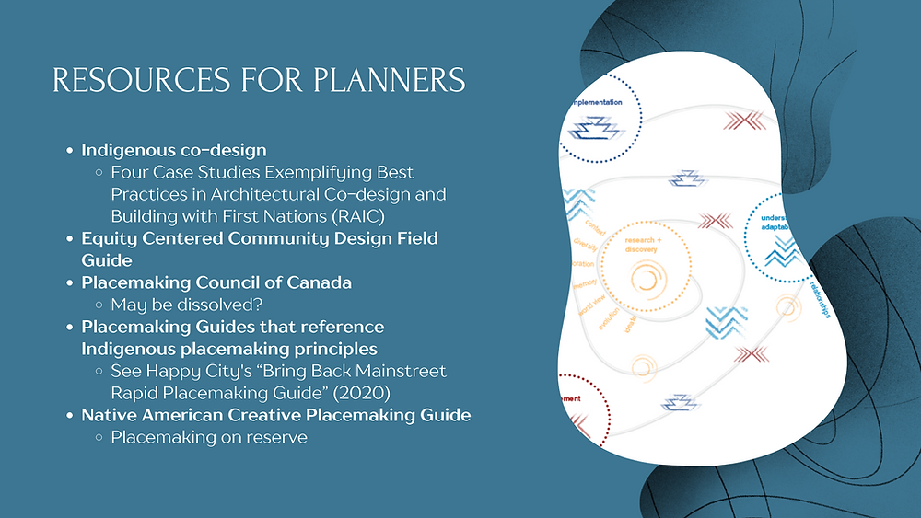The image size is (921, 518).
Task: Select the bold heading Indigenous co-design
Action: coord(174,149)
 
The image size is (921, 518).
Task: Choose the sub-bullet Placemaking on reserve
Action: coord(208,437)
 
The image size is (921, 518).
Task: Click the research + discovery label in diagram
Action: coord(641,244)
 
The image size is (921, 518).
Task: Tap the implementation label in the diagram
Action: coord(602,103)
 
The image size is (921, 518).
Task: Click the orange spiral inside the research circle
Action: coord(646,279)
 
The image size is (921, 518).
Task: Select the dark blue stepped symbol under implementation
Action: coord(595,130)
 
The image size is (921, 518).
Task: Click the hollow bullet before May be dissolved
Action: coord(99,305)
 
